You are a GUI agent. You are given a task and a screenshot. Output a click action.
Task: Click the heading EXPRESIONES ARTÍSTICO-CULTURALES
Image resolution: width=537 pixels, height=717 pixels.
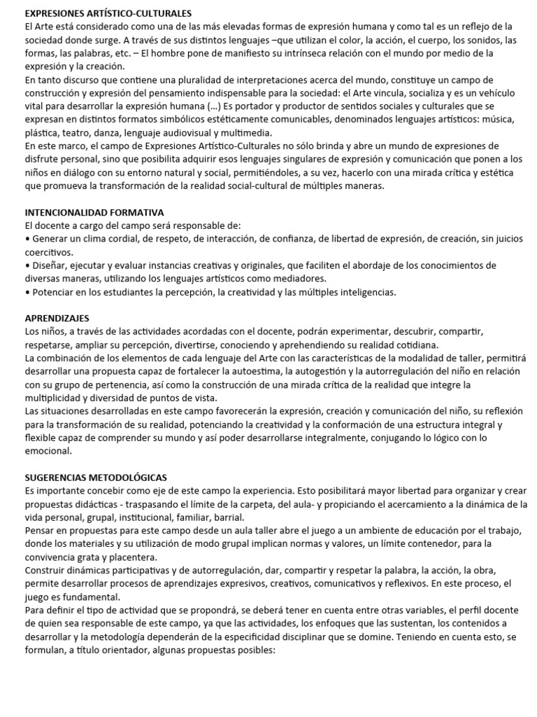coord(108,13)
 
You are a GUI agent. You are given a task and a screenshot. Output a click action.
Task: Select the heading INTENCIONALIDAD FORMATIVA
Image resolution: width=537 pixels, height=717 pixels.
coord(94,212)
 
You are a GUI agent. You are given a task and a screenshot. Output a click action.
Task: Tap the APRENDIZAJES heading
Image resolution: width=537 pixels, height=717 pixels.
coord(57,319)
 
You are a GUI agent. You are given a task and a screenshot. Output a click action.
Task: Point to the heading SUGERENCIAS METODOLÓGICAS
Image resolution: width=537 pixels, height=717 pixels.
coord(96,478)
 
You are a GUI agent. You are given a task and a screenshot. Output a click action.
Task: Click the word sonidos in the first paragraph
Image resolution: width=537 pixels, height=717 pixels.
coord(464,40)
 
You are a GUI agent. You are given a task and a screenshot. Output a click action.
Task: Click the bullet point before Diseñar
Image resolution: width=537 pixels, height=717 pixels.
coord(27,265)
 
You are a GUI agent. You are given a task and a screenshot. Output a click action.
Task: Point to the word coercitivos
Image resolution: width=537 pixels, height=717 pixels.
coord(49,252)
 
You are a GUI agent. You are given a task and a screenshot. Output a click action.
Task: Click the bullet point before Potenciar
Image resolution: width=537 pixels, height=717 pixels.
coord(27,292)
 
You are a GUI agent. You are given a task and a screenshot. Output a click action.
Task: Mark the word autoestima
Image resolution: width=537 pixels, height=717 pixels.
coord(257,372)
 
